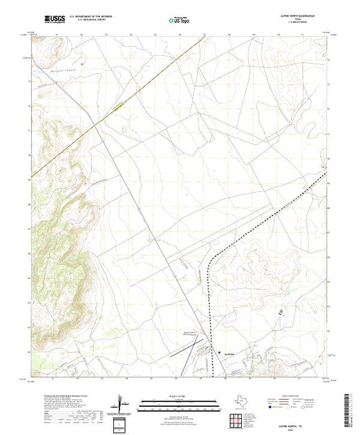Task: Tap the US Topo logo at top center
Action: click(x=178, y=21)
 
